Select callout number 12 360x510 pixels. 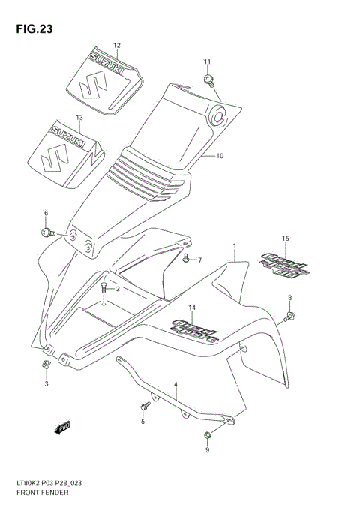pos(116,45)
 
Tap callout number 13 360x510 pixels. pos(79,117)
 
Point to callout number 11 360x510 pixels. pos(207,61)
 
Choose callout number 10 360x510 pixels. pos(220,156)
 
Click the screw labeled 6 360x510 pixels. pos(47,233)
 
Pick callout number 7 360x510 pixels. pos(199,260)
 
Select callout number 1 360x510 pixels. pos(234,245)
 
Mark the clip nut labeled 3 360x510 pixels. pos(46,365)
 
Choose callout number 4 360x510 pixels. pos(175,387)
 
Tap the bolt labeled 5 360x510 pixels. pos(143,406)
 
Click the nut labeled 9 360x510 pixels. pos(207,436)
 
